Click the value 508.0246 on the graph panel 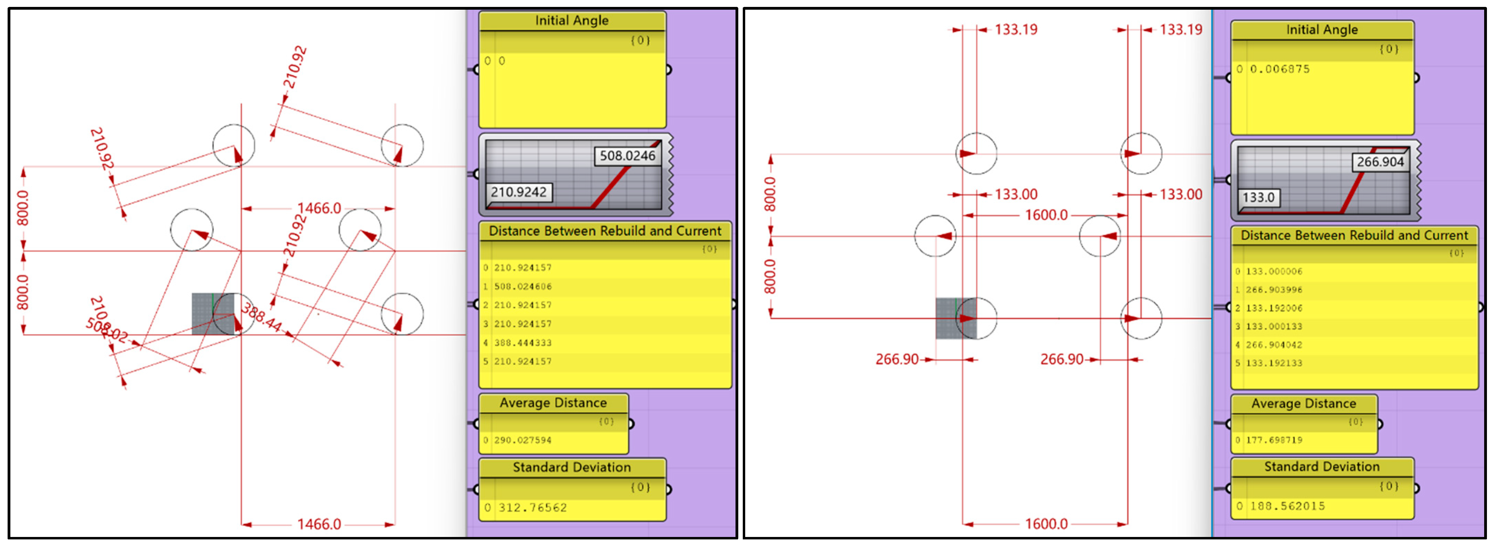point(627,156)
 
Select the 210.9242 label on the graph point(518,192)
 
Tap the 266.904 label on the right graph point(1380,162)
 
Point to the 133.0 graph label point(1258,198)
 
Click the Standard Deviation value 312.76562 point(532,508)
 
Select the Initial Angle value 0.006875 point(1279,69)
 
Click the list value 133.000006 point(1274,271)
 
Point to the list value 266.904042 point(1274,345)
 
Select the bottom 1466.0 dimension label point(319,524)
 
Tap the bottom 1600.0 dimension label point(1046,524)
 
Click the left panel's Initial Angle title point(572,20)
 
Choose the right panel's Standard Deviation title point(1321,467)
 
